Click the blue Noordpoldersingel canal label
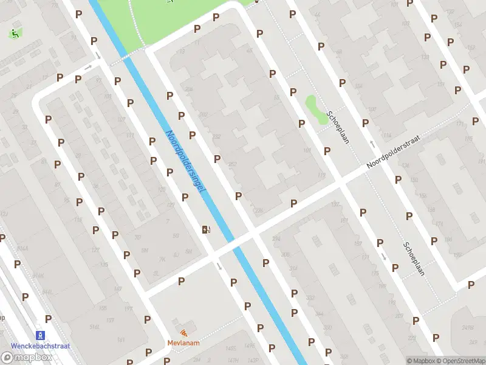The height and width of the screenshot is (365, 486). (185, 162)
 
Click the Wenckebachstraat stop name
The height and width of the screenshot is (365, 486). (39, 346)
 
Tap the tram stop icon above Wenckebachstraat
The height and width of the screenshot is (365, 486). (41, 335)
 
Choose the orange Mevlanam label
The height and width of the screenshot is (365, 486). (184, 342)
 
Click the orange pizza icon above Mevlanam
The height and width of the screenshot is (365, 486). (184, 333)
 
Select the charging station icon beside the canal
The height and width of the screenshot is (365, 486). (207, 229)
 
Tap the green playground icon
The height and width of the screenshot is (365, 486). (13, 34)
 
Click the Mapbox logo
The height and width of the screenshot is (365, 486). (27, 358)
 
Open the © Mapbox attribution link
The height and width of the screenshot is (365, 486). (420, 361)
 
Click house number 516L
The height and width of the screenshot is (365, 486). (94, 327)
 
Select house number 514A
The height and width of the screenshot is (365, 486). (22, 249)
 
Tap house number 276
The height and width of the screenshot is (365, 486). (259, 210)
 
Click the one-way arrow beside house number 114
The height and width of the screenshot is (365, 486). (372, 144)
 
